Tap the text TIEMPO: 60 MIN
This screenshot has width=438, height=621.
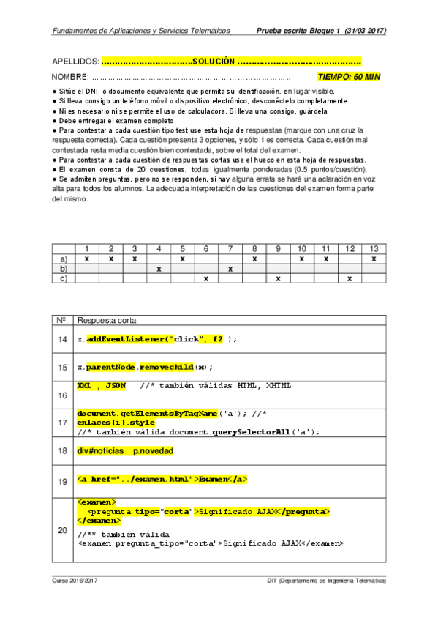[349, 77]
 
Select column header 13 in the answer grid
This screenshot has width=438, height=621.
[374, 249]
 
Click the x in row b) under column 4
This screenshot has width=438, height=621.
[159, 269]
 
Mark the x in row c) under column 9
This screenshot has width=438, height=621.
[278, 279]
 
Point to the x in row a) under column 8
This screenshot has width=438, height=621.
[254, 259]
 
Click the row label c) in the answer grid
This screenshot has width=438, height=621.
[63, 279]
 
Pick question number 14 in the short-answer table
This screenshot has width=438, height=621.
[61, 340]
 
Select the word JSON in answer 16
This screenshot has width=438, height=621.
[116, 384]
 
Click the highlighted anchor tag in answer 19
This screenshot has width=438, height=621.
[162, 480]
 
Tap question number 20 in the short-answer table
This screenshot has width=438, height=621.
[61, 532]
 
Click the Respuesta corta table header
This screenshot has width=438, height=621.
[106, 321]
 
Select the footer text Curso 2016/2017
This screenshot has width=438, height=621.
[75, 580]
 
